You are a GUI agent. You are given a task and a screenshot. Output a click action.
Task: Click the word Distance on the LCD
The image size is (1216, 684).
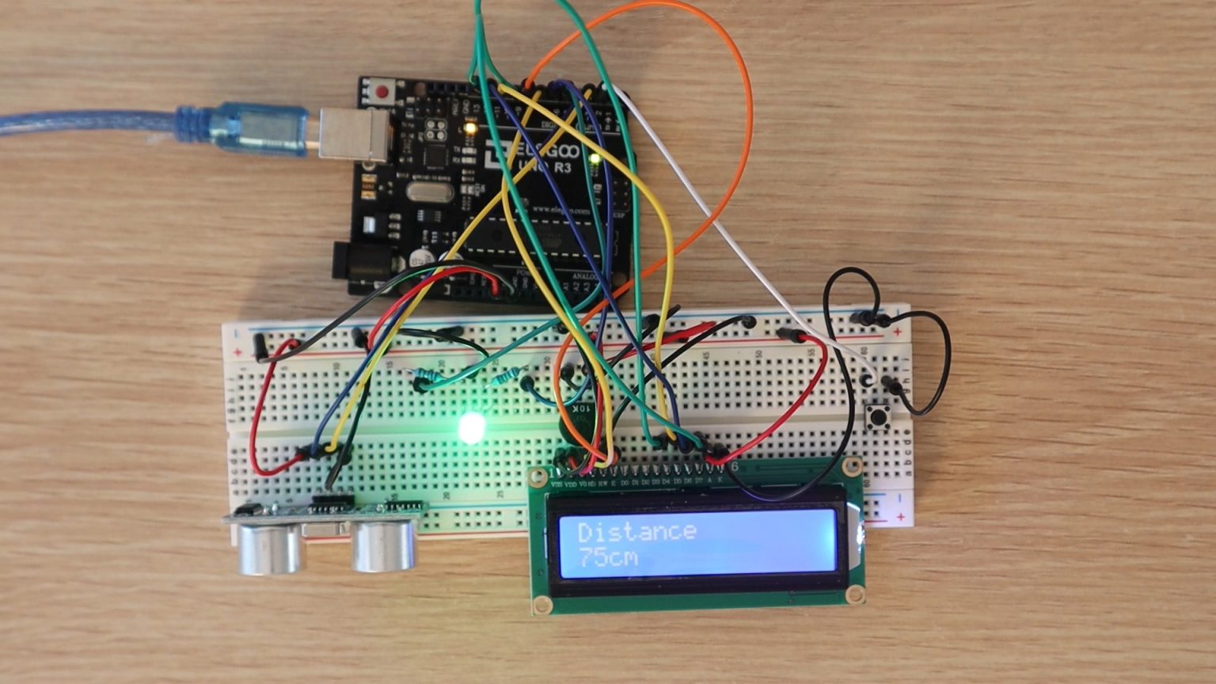[637, 531]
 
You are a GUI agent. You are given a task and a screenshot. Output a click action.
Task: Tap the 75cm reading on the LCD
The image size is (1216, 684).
[608, 557]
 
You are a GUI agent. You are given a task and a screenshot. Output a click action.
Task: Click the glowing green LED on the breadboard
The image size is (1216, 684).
[472, 427]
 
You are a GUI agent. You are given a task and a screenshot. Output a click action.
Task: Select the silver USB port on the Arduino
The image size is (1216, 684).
[354, 135]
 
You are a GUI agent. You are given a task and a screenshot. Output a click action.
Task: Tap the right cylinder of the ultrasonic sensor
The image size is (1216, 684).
[383, 545]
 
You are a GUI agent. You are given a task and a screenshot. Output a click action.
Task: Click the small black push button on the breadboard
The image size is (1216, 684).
[876, 416]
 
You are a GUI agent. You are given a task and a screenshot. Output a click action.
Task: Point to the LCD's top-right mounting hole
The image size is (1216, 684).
[851, 466]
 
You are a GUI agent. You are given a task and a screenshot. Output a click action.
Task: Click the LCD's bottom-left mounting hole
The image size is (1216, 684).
[542, 606]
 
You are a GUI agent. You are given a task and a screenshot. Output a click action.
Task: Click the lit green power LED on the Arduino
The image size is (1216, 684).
[595, 159]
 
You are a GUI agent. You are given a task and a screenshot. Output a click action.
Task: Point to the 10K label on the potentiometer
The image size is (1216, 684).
[580, 411]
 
